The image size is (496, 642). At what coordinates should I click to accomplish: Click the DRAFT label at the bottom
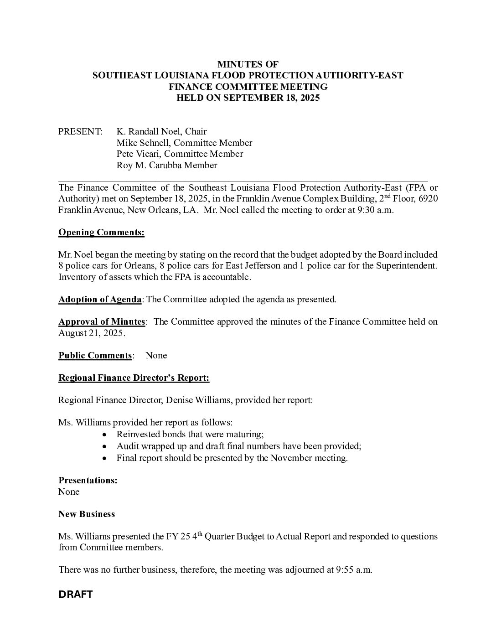(76, 595)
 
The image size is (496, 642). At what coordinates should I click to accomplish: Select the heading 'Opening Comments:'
(101, 233)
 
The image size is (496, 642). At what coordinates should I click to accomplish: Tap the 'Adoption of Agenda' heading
(100, 300)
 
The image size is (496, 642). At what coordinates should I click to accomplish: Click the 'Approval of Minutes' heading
(102, 322)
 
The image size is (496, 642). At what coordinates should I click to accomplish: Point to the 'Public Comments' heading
(95, 356)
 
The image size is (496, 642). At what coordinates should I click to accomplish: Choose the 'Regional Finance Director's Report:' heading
(134, 378)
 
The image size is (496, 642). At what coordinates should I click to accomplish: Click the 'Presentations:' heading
(88, 481)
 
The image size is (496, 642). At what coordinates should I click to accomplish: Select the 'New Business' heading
(87, 514)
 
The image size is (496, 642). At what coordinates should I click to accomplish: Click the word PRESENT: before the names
(81, 132)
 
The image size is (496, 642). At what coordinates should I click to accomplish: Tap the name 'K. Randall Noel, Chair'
(161, 132)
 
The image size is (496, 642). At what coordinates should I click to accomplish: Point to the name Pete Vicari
(138, 154)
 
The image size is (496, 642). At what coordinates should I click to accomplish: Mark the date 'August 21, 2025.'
(92, 333)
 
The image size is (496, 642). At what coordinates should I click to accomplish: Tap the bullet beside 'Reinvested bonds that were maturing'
(106, 435)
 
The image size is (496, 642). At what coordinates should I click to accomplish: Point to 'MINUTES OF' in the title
(248, 64)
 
